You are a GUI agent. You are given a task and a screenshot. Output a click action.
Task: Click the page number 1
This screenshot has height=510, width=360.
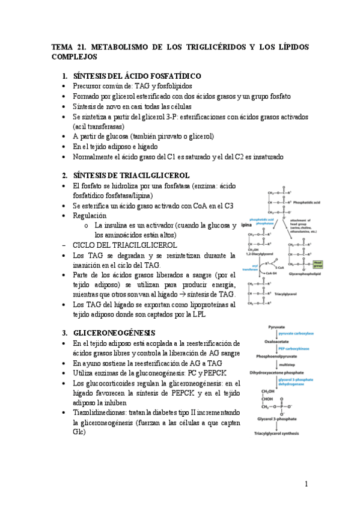tap(306, 484)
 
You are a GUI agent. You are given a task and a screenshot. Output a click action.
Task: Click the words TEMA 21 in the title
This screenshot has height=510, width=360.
tap(69, 46)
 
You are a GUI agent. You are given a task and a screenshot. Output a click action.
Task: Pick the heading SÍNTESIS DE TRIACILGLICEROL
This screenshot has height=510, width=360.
tap(131, 175)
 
